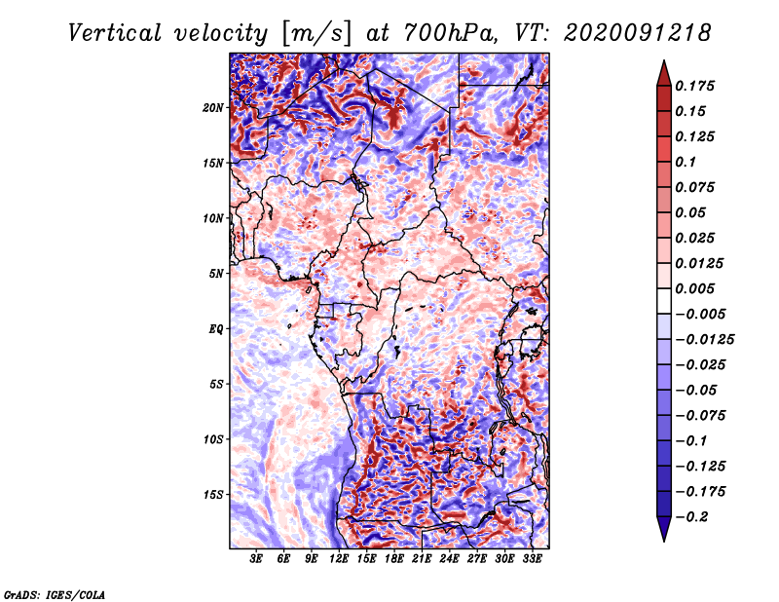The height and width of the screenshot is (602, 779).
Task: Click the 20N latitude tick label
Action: coord(213,107)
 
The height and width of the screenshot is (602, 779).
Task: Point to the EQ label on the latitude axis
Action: coord(216,329)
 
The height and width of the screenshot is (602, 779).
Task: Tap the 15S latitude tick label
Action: coord(213,495)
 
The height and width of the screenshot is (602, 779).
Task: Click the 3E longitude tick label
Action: coord(257,560)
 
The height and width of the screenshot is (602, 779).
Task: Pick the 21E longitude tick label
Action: coord(422,560)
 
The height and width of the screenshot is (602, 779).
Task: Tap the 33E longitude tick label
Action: coord(532,560)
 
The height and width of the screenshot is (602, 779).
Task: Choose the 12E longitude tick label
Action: coord(340,560)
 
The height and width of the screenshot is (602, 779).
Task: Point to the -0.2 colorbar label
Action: coord(694,517)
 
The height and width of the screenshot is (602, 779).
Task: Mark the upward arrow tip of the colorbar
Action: coord(663,62)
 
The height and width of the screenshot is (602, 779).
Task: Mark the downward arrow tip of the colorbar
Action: coord(663,539)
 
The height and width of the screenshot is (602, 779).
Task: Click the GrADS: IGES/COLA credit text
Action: coord(55,593)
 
